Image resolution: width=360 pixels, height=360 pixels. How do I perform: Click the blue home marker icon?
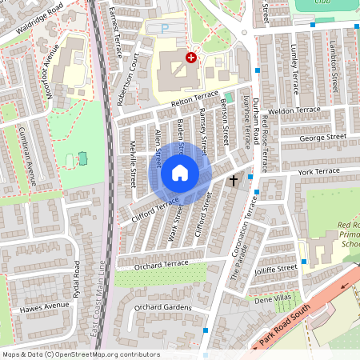(x=180, y=173)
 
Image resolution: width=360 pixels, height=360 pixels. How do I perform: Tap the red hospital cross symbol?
(x=191, y=58)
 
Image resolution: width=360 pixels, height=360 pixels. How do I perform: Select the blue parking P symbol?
(x=166, y=28)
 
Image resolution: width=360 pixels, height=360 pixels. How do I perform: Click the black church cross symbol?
(x=234, y=181)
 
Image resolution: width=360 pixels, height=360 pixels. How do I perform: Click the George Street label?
(x=323, y=138)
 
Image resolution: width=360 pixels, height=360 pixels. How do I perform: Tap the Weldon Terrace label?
(x=294, y=110)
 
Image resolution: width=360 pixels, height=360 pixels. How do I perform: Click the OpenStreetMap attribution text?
(x=81, y=354)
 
